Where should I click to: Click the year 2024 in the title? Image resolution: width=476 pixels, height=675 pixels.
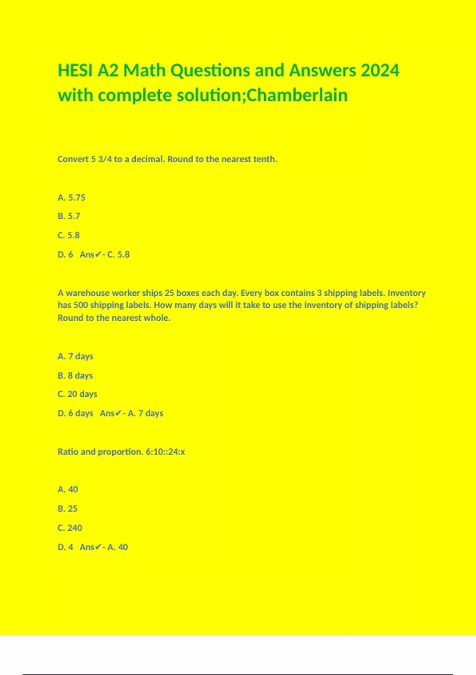(x=380, y=71)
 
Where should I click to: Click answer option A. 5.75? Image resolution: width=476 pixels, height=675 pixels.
(x=71, y=197)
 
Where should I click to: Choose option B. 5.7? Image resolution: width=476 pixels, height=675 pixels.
(x=69, y=216)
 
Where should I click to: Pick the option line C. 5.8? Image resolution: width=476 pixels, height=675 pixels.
(x=69, y=235)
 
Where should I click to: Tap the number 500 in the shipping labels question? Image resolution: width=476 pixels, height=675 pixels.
(x=81, y=305)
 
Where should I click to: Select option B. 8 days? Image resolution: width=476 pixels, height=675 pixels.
(x=75, y=375)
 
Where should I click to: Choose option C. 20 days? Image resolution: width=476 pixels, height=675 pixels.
(x=77, y=394)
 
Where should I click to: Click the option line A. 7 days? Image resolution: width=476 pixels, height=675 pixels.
(x=75, y=356)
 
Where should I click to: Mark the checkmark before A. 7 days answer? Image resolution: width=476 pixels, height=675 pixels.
(x=118, y=413)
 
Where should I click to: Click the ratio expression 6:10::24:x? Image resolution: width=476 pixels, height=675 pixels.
(x=165, y=452)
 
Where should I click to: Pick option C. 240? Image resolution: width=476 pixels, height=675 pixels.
(x=70, y=528)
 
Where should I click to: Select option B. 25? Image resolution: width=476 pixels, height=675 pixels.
(x=67, y=509)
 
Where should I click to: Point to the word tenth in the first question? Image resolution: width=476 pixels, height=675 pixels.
(x=265, y=159)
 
